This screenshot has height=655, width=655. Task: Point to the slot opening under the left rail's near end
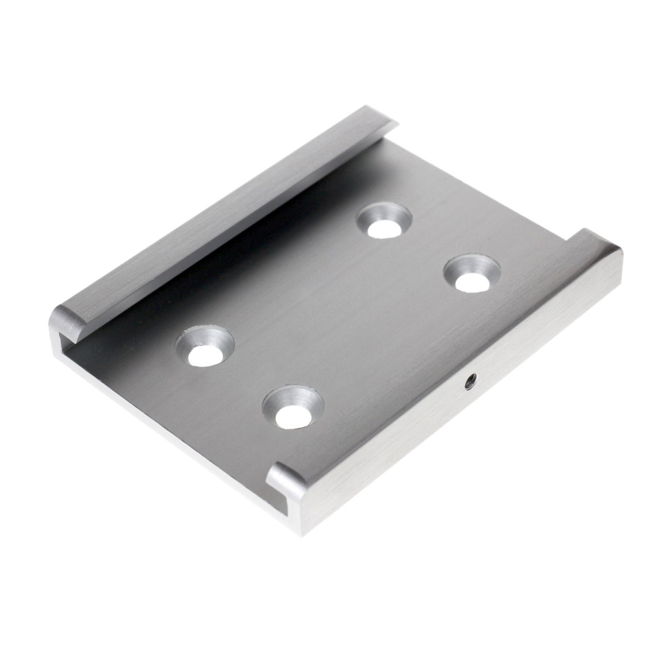coord(62,341)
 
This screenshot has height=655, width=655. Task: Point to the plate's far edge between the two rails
coord(482,190)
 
